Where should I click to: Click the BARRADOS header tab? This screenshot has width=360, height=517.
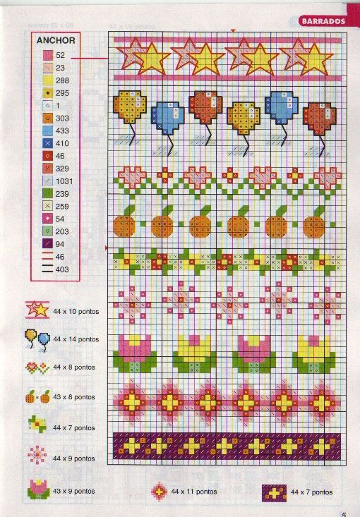[x=323, y=20]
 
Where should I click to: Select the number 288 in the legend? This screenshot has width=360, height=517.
[x=62, y=80]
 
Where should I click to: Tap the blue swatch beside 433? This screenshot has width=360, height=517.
[x=47, y=130]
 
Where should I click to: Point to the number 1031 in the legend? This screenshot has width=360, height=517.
[x=64, y=181]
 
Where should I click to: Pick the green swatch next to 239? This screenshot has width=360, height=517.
[x=47, y=193]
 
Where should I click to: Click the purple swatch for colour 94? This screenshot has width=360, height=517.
[x=47, y=244]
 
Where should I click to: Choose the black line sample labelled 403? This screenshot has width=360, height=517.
[x=47, y=269]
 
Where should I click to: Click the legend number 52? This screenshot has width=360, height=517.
[x=60, y=55]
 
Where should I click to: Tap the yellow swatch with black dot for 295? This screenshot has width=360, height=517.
[x=47, y=93]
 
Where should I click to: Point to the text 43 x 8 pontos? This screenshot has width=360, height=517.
[x=74, y=397]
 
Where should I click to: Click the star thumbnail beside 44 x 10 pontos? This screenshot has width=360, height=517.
[x=37, y=309]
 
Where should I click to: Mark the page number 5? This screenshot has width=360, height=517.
[x=344, y=513]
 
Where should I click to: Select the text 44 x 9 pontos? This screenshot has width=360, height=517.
[x=74, y=459]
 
